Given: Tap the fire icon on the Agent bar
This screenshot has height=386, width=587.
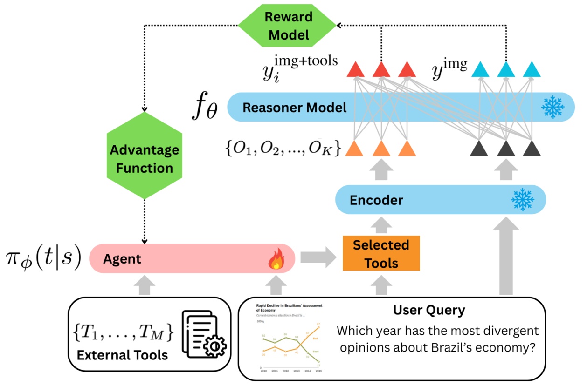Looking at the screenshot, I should click(276, 261).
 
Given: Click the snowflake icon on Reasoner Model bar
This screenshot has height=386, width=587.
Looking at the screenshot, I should click(552, 108).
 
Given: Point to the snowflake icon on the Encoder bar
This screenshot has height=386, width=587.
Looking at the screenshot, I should click(523, 200).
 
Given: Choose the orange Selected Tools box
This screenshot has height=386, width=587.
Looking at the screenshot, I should click(381, 253).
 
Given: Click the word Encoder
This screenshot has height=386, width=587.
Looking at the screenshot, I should click(376, 201).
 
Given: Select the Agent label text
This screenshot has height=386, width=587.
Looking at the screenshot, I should click(122, 259).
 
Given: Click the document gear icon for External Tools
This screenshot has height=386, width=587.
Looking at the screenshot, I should click(204, 333).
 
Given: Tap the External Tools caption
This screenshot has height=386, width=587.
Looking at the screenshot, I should click(122, 355).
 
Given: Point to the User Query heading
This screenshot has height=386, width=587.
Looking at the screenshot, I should click(429, 310).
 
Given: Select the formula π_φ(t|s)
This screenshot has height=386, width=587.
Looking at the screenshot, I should click(43, 258).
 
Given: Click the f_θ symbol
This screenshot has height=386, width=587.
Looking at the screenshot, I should click(205, 108).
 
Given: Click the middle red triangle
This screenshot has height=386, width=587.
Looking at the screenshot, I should click(381, 70).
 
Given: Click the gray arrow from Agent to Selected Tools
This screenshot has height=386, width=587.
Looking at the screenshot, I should click(318, 257).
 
